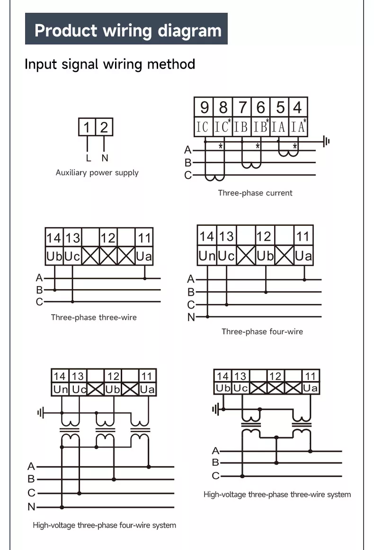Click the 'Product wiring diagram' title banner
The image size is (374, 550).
(x=126, y=29)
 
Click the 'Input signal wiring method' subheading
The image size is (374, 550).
(x=110, y=64)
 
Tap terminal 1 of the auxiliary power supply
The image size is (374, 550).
(x=87, y=127)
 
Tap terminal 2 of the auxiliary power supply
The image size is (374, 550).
(x=104, y=127)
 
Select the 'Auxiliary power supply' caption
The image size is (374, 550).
(x=97, y=173)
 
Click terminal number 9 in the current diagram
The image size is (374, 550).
(x=204, y=107)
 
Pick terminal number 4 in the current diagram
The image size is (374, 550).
(x=297, y=107)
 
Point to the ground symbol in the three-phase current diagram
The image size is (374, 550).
(x=326, y=141)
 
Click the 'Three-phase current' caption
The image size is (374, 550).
(x=255, y=193)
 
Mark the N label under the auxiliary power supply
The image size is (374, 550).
(x=105, y=159)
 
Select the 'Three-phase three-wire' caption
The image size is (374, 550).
(x=94, y=317)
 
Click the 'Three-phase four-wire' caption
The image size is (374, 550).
(x=262, y=331)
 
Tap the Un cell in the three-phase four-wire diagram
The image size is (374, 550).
(x=207, y=256)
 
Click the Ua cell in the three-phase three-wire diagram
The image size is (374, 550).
(x=144, y=257)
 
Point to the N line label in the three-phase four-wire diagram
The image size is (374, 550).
(x=191, y=317)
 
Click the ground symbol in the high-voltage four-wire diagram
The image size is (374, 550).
(x=41, y=413)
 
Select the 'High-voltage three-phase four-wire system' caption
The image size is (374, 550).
(x=104, y=525)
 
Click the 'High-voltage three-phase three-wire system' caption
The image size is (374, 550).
(x=277, y=495)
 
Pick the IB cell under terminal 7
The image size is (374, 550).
(x=241, y=126)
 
